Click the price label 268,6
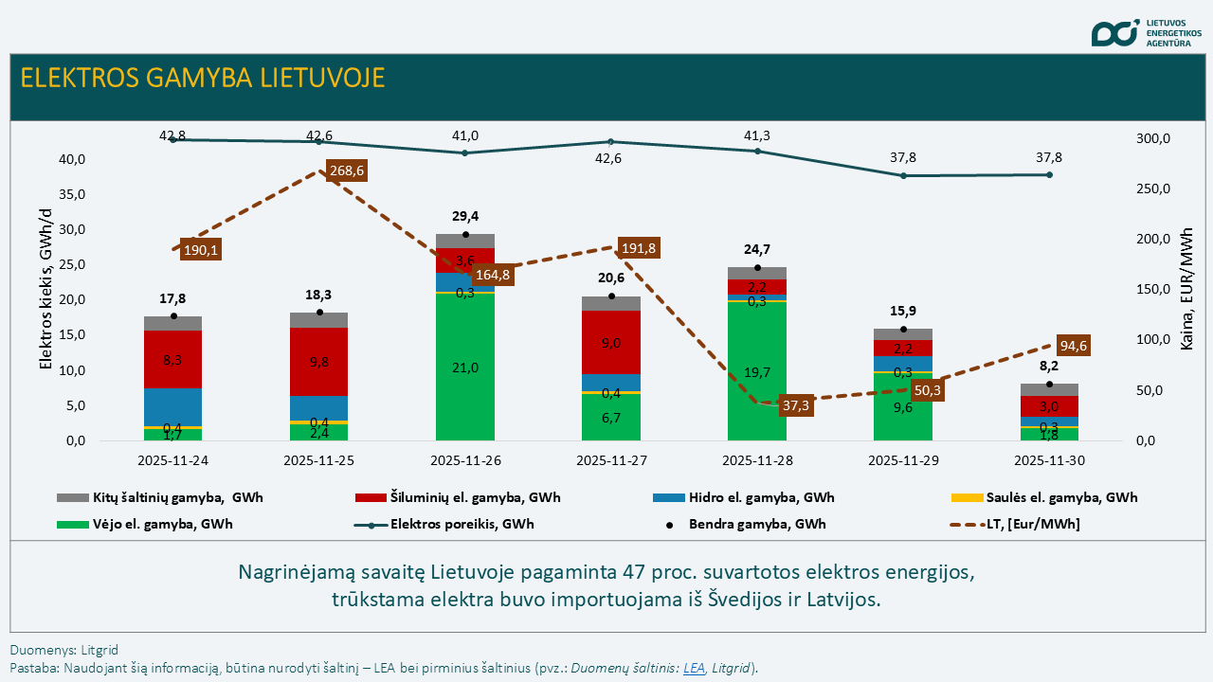pyautogui.click(x=346, y=171)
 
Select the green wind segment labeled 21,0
pyautogui.click(x=464, y=368)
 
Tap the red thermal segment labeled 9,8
pyautogui.click(x=318, y=362)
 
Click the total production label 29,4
pyautogui.click(x=464, y=217)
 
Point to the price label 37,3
pyautogui.click(x=794, y=405)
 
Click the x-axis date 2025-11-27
pyautogui.click(x=610, y=460)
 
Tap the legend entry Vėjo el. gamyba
pyautogui.click(x=162, y=524)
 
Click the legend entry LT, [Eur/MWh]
pyautogui.click(x=1032, y=524)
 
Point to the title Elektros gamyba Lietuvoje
pyautogui.click(x=203, y=78)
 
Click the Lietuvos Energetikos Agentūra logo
pyautogui.click(x=1146, y=32)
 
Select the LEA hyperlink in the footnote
pyautogui.click(x=694, y=668)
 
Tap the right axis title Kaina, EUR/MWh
pyautogui.click(x=1187, y=290)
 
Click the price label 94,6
pyautogui.click(x=1074, y=346)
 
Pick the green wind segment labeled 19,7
pyautogui.click(x=756, y=372)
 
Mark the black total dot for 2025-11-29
pyautogui.click(x=903, y=330)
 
